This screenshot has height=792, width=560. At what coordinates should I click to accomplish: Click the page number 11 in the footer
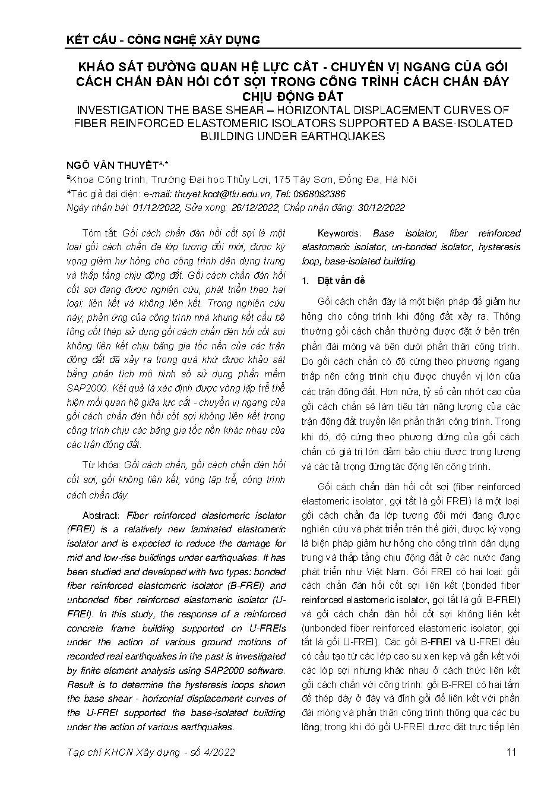511,752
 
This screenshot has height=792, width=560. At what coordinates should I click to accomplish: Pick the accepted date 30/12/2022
380,207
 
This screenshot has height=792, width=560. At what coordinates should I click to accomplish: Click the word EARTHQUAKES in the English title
343,136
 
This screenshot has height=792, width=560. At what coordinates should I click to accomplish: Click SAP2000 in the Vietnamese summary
84,388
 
